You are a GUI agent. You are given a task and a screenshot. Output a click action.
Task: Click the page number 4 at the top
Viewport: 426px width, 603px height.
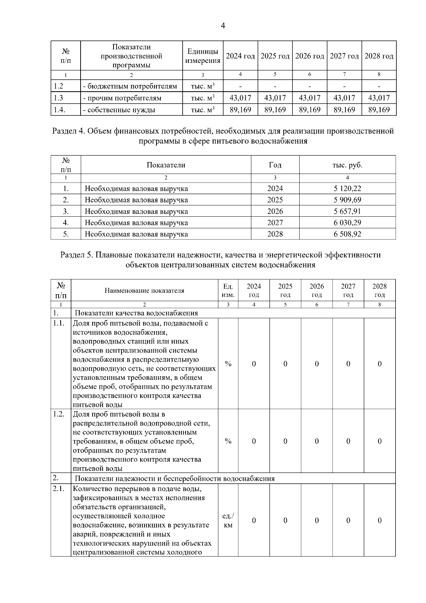click(223, 26)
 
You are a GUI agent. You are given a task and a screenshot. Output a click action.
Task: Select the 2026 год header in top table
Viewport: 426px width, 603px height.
click(310, 56)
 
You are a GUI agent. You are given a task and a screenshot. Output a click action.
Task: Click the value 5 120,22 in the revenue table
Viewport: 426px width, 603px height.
click(347, 189)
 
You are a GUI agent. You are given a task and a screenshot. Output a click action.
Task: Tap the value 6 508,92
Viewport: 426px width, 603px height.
click(347, 234)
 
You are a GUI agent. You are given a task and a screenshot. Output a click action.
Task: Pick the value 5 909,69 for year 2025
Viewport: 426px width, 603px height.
click(347, 200)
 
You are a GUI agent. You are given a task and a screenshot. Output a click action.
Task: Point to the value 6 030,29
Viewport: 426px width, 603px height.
click(347, 223)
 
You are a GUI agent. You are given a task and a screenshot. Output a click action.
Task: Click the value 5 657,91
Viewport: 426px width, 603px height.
click(347, 211)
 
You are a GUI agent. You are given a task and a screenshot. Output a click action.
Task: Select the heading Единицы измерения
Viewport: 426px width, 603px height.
click(203, 56)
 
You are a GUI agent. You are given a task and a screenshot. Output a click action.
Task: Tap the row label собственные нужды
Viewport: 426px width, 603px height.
click(119, 110)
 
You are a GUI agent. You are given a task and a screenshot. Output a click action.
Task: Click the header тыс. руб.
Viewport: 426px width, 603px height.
click(347, 165)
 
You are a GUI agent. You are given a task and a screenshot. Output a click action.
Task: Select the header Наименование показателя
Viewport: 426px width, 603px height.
click(144, 291)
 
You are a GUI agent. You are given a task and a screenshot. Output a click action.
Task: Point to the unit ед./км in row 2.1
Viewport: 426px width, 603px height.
click(228, 520)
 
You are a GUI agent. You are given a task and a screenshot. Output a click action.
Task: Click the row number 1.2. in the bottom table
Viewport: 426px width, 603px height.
click(59, 414)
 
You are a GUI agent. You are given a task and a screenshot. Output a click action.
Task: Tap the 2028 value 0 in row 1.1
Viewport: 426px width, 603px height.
click(379, 364)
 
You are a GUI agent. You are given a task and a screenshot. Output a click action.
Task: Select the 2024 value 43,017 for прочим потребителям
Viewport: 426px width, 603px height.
click(240, 98)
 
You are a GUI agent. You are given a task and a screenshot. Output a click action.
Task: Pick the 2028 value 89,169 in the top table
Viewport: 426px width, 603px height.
click(379, 110)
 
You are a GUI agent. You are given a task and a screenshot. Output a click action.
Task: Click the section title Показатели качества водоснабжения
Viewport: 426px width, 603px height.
click(136, 313)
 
